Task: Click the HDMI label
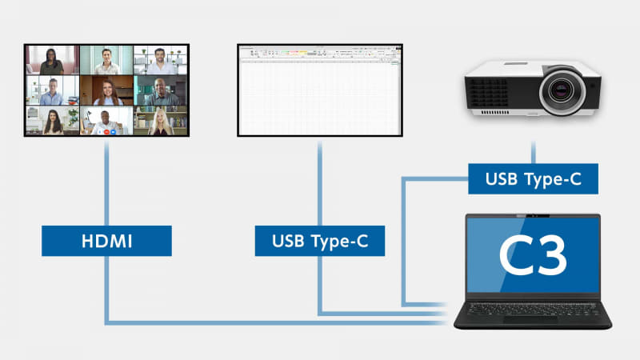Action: [106, 241]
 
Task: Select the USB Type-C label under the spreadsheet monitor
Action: [319, 241]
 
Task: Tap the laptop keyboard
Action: [528, 307]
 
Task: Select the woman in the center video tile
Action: [106, 91]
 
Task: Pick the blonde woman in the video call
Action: [161, 122]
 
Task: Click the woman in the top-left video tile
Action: [51, 62]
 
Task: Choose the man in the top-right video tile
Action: [161, 62]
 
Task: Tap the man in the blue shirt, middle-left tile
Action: [51, 92]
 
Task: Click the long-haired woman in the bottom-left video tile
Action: [51, 122]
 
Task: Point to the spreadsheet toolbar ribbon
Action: [319, 54]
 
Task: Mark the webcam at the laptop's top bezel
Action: [533, 216]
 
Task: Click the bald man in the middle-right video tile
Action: [161, 92]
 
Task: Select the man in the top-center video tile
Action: [106, 62]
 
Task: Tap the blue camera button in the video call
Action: [113, 130]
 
